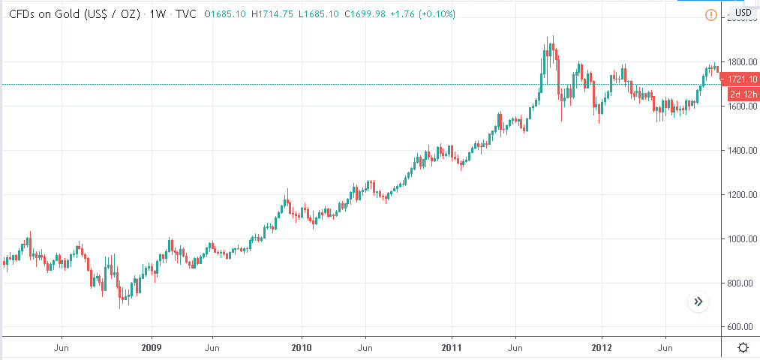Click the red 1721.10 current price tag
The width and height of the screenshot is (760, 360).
(743, 79)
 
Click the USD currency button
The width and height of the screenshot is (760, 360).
(743, 13)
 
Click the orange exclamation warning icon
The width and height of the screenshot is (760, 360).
(711, 14)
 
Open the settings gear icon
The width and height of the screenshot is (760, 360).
(743, 347)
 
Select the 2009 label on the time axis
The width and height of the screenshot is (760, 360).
(152, 348)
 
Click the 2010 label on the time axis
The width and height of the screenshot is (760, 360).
(302, 348)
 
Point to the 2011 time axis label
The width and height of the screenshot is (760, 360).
(452, 348)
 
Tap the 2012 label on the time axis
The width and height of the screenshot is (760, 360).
(602, 348)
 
